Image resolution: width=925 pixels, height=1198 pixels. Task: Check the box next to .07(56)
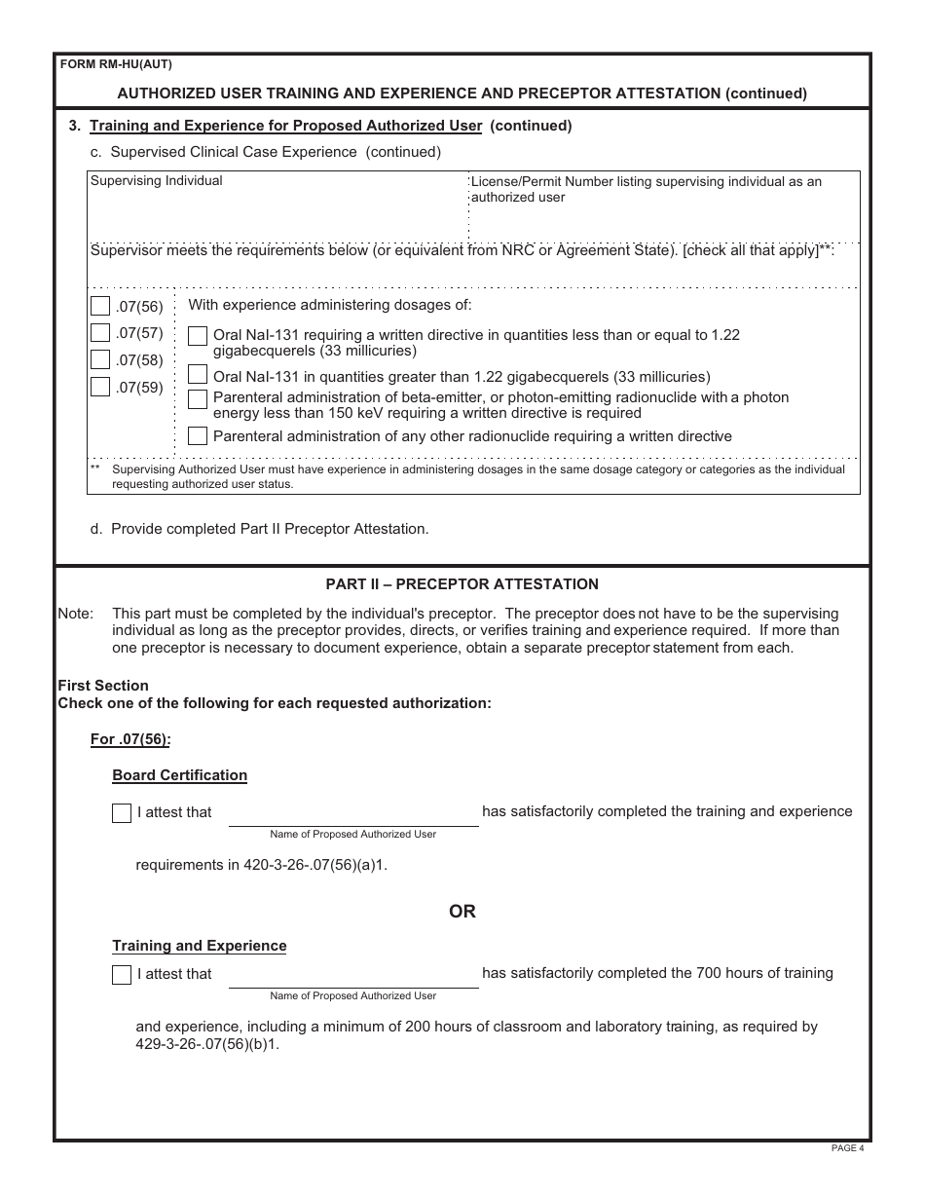(100, 306)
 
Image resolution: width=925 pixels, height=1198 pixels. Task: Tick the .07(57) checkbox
(100, 333)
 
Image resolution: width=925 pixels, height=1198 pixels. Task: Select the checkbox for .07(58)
(100, 359)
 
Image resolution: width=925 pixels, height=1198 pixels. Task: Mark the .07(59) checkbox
(100, 387)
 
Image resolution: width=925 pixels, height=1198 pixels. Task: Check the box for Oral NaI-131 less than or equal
(198, 336)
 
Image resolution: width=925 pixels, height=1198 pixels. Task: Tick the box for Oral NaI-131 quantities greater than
(198, 374)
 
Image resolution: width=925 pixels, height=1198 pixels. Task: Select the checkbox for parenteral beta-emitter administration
(198, 398)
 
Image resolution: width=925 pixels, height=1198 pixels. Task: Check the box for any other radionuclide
(198, 435)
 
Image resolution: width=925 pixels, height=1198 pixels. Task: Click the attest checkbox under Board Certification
(122, 813)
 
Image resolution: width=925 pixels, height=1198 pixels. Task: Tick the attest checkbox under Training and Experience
(122, 974)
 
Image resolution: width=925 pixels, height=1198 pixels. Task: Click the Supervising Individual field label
(157, 181)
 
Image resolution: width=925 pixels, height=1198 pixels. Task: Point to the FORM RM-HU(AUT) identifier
(116, 65)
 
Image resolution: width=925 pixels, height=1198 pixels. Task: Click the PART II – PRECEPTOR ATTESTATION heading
(462, 584)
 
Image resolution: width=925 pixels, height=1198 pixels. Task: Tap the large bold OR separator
(462, 912)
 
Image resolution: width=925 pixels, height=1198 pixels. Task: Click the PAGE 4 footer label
(847, 1148)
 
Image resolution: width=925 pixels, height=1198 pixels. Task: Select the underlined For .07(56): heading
(130, 739)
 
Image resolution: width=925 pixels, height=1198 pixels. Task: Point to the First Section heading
(103, 686)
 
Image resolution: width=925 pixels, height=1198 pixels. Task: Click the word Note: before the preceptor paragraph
(76, 614)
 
